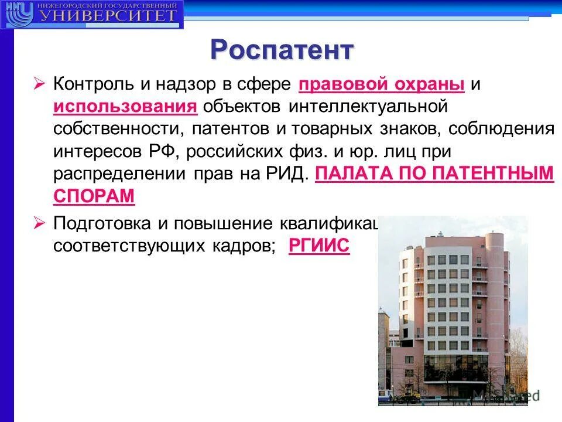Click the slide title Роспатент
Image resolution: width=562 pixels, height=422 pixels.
[282, 50]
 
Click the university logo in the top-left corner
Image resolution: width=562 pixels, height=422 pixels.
[92, 15]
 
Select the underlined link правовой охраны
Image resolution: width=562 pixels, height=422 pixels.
[381, 84]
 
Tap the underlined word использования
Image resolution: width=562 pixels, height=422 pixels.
[125, 107]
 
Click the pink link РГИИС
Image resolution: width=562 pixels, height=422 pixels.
[319, 247]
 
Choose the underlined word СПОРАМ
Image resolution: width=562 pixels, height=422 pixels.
[94, 196]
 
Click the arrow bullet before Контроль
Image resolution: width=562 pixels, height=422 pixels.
[39, 84]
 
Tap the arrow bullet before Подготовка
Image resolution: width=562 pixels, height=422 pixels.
[39, 223]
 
